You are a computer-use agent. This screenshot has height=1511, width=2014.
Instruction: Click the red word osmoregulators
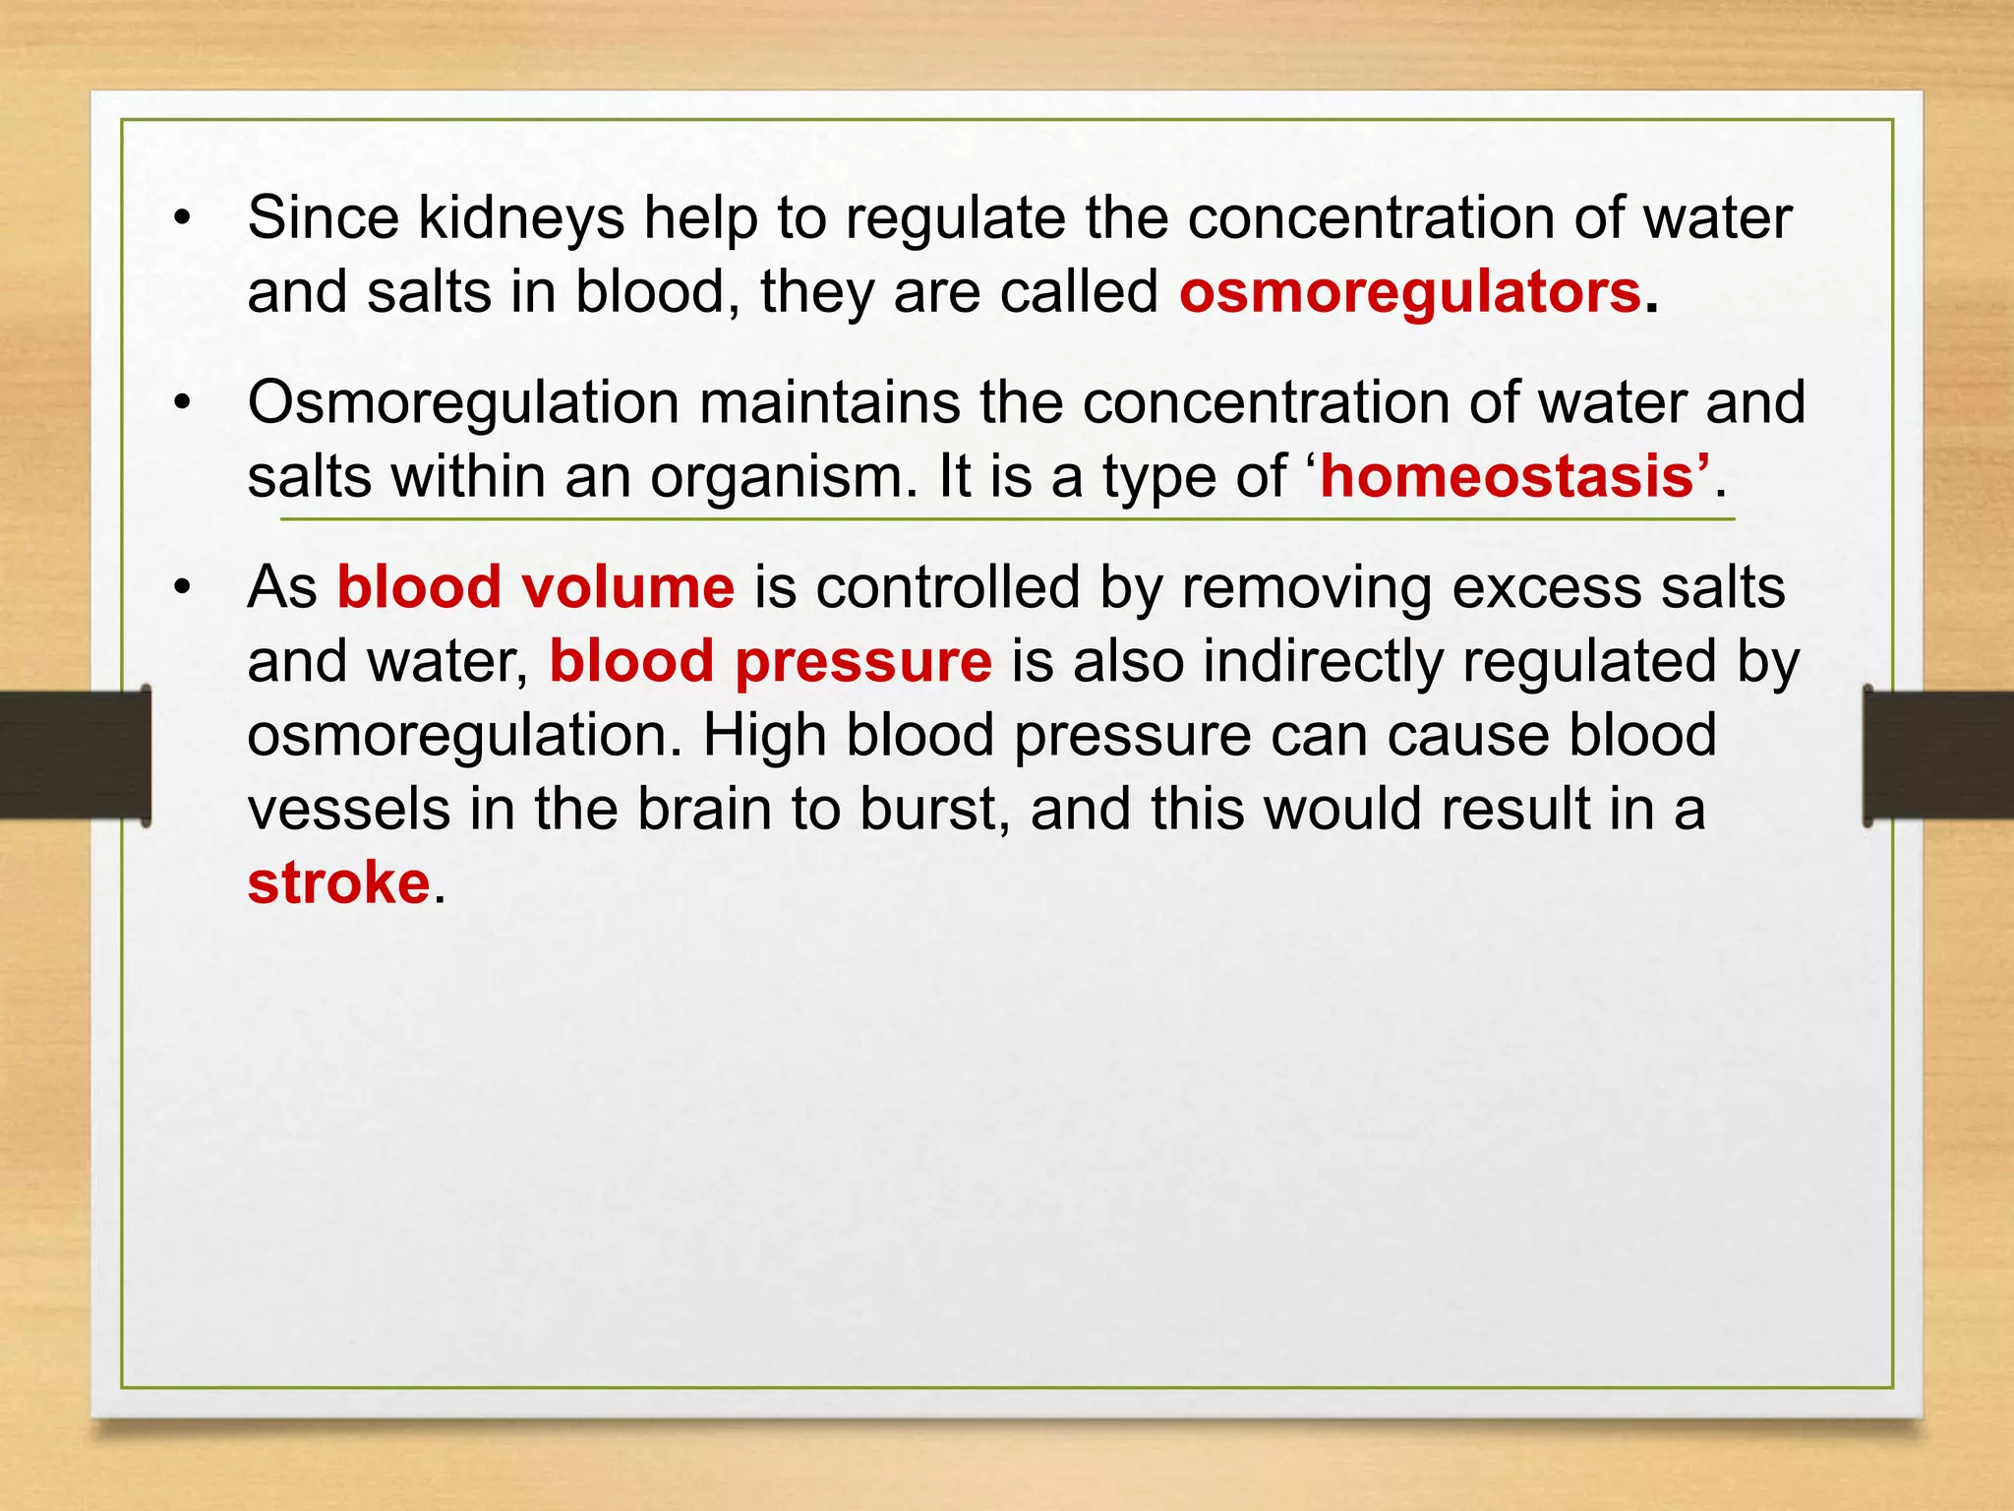(1410, 293)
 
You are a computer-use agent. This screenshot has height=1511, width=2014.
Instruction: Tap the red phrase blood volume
(535, 587)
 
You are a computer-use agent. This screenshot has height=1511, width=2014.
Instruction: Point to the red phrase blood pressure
(770, 661)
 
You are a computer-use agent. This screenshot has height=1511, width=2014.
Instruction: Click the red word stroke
(338, 882)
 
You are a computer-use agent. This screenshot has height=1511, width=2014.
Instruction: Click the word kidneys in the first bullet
(521, 218)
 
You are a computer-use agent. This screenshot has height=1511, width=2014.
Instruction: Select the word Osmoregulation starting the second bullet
(463, 403)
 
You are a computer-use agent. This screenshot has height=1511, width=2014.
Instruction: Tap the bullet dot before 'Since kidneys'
(181, 219)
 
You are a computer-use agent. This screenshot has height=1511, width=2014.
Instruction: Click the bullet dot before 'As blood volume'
(181, 588)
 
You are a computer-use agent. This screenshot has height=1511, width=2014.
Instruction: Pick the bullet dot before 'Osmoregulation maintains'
(181, 403)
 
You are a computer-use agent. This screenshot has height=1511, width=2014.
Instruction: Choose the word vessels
(348, 809)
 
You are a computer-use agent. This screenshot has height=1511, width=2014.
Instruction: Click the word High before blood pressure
(764, 735)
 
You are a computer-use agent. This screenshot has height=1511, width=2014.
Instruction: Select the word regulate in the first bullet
(954, 218)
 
